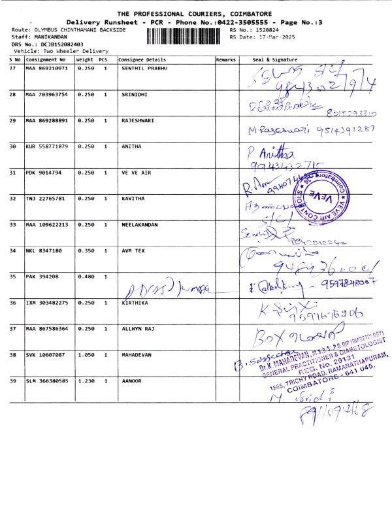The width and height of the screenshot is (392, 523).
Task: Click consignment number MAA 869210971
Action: [x=46, y=69]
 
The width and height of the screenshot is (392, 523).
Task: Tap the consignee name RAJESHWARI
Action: [x=138, y=120]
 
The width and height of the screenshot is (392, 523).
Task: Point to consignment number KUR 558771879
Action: [x=46, y=146]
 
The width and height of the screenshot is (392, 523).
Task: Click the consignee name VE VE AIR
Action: [x=135, y=173]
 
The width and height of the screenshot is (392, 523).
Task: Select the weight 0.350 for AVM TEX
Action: [x=85, y=250]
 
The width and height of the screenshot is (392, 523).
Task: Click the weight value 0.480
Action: [x=85, y=277]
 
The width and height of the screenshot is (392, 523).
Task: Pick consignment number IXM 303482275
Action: [x=46, y=303]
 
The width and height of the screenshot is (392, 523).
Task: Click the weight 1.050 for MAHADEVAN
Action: [x=85, y=354]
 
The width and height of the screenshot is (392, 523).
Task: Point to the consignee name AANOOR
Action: [x=133, y=380]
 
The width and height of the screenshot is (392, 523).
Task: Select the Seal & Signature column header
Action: [x=274, y=59]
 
